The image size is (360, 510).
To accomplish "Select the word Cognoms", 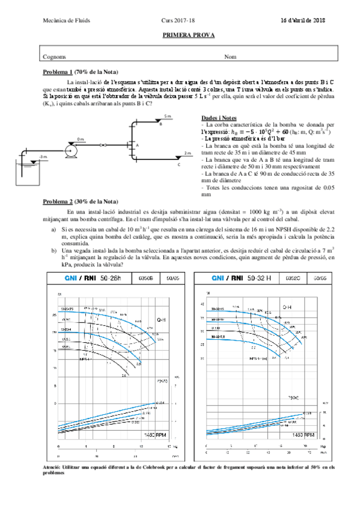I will pyautogui.click(x=54, y=57).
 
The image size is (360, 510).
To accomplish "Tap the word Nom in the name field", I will pyautogui.click(x=230, y=57).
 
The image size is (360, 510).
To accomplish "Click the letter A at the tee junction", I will pyautogui.click(x=137, y=146).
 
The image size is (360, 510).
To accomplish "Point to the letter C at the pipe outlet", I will pyautogui.click(x=178, y=163).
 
